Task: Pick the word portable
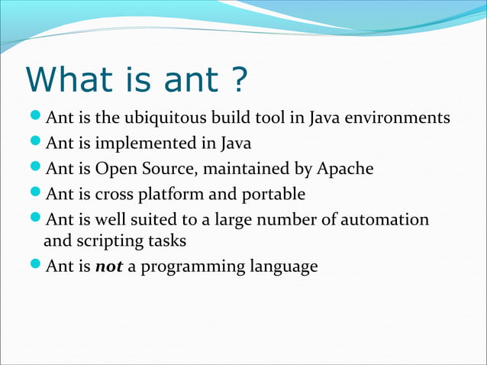click(273, 193)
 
